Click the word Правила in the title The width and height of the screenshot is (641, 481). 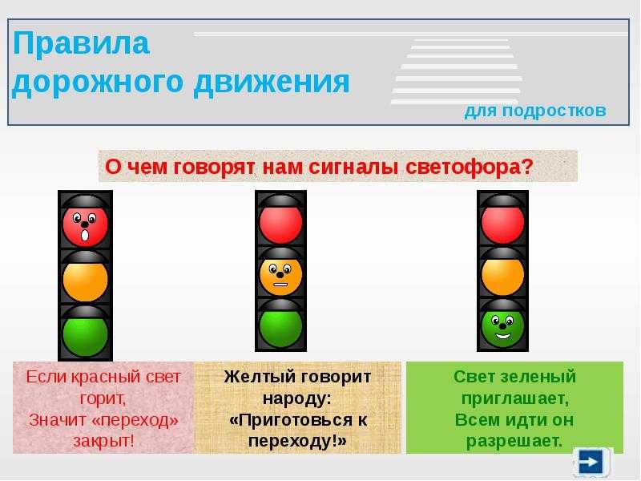81,43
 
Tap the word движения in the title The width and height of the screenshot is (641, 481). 272,83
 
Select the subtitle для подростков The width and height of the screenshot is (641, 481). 535,111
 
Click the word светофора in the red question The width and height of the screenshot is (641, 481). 470,167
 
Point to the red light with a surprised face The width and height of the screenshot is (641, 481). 85,225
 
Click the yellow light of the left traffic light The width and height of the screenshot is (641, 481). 85,280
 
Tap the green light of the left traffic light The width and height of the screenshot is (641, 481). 85,334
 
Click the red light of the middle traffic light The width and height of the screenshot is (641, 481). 281,223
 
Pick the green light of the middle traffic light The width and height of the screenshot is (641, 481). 281,326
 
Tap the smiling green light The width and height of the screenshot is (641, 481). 502,326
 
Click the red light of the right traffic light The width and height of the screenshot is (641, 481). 502,223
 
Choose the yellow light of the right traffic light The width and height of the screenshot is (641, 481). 502,274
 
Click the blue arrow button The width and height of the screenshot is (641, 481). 591,462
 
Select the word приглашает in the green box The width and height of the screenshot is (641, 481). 515,398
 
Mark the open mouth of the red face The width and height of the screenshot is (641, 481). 85,235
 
